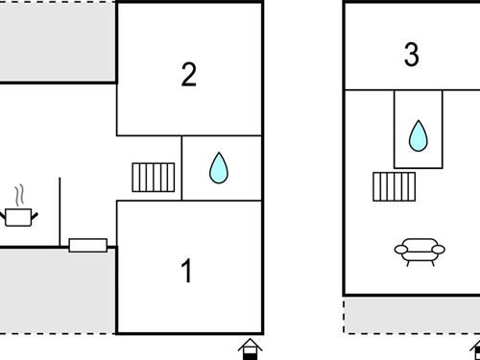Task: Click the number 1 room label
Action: click(186, 271)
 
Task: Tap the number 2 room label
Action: click(188, 74)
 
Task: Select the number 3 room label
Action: click(411, 55)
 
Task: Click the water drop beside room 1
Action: click(219, 168)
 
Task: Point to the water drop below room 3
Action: click(418, 135)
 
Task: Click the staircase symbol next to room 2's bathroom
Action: click(154, 178)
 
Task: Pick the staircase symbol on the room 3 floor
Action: click(395, 187)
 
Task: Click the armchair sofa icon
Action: click(420, 252)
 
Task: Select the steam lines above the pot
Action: click(19, 195)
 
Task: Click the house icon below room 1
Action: click(251, 349)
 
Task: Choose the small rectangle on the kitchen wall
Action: click(88, 246)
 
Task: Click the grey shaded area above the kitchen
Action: click(58, 42)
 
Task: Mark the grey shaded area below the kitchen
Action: click(58, 291)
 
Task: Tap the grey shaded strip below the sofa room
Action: click(412, 315)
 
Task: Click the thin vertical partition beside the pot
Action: click(60, 212)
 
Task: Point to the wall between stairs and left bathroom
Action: click(181, 168)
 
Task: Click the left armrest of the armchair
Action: click(401, 249)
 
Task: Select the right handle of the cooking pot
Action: click(35, 216)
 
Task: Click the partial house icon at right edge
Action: click(475, 349)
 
